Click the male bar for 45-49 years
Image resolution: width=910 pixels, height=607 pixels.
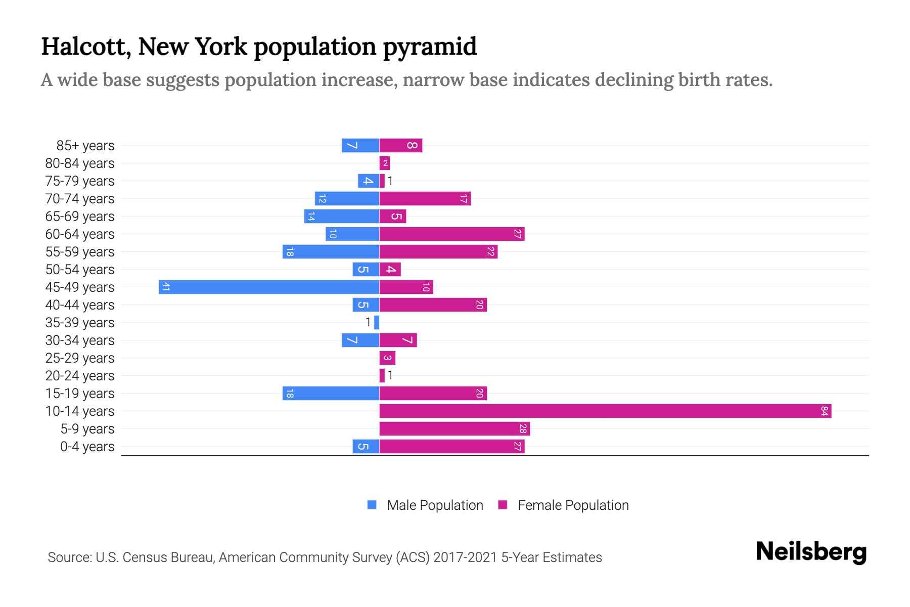click(269, 287)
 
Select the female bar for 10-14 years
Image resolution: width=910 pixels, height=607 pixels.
click(605, 411)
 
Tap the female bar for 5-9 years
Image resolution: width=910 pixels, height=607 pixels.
click(454, 428)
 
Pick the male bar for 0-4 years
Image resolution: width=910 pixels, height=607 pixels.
click(366, 446)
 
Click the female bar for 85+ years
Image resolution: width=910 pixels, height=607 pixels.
click(401, 145)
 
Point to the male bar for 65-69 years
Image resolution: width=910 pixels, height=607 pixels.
click(342, 216)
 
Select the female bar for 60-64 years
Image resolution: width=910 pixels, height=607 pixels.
click(452, 234)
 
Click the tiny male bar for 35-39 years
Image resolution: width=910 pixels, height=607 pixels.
click(377, 322)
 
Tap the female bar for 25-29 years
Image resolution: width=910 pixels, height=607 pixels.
click(387, 358)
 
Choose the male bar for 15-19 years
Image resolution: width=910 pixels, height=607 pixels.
click(331, 393)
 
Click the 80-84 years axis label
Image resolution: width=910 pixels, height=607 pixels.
click(80, 163)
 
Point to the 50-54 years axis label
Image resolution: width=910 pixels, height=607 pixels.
click(80, 269)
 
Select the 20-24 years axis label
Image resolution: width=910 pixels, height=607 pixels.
click(80, 375)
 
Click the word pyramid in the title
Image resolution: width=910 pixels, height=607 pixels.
click(430, 47)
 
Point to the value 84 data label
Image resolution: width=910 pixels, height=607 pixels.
click(825, 411)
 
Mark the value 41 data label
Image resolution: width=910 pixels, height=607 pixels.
click(166, 287)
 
